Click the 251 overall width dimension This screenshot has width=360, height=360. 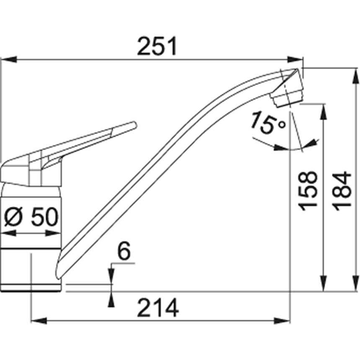pyautogui.click(x=157, y=46)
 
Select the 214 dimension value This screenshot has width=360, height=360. pyautogui.click(x=158, y=309)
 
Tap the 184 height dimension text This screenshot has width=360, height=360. pyautogui.click(x=343, y=190)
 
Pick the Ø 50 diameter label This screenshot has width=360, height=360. pyautogui.click(x=30, y=217)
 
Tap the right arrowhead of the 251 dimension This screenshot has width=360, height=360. pyautogui.click(x=296, y=59)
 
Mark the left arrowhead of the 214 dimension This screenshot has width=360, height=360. pyautogui.click(x=38, y=321)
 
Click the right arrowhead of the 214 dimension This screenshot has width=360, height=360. pyautogui.click(x=283, y=321)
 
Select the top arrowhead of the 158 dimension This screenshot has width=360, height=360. pyautogui.click(x=323, y=111)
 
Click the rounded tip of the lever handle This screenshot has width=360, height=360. pyautogui.click(x=133, y=125)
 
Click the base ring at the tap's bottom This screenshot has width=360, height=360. pyautogui.click(x=31, y=288)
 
